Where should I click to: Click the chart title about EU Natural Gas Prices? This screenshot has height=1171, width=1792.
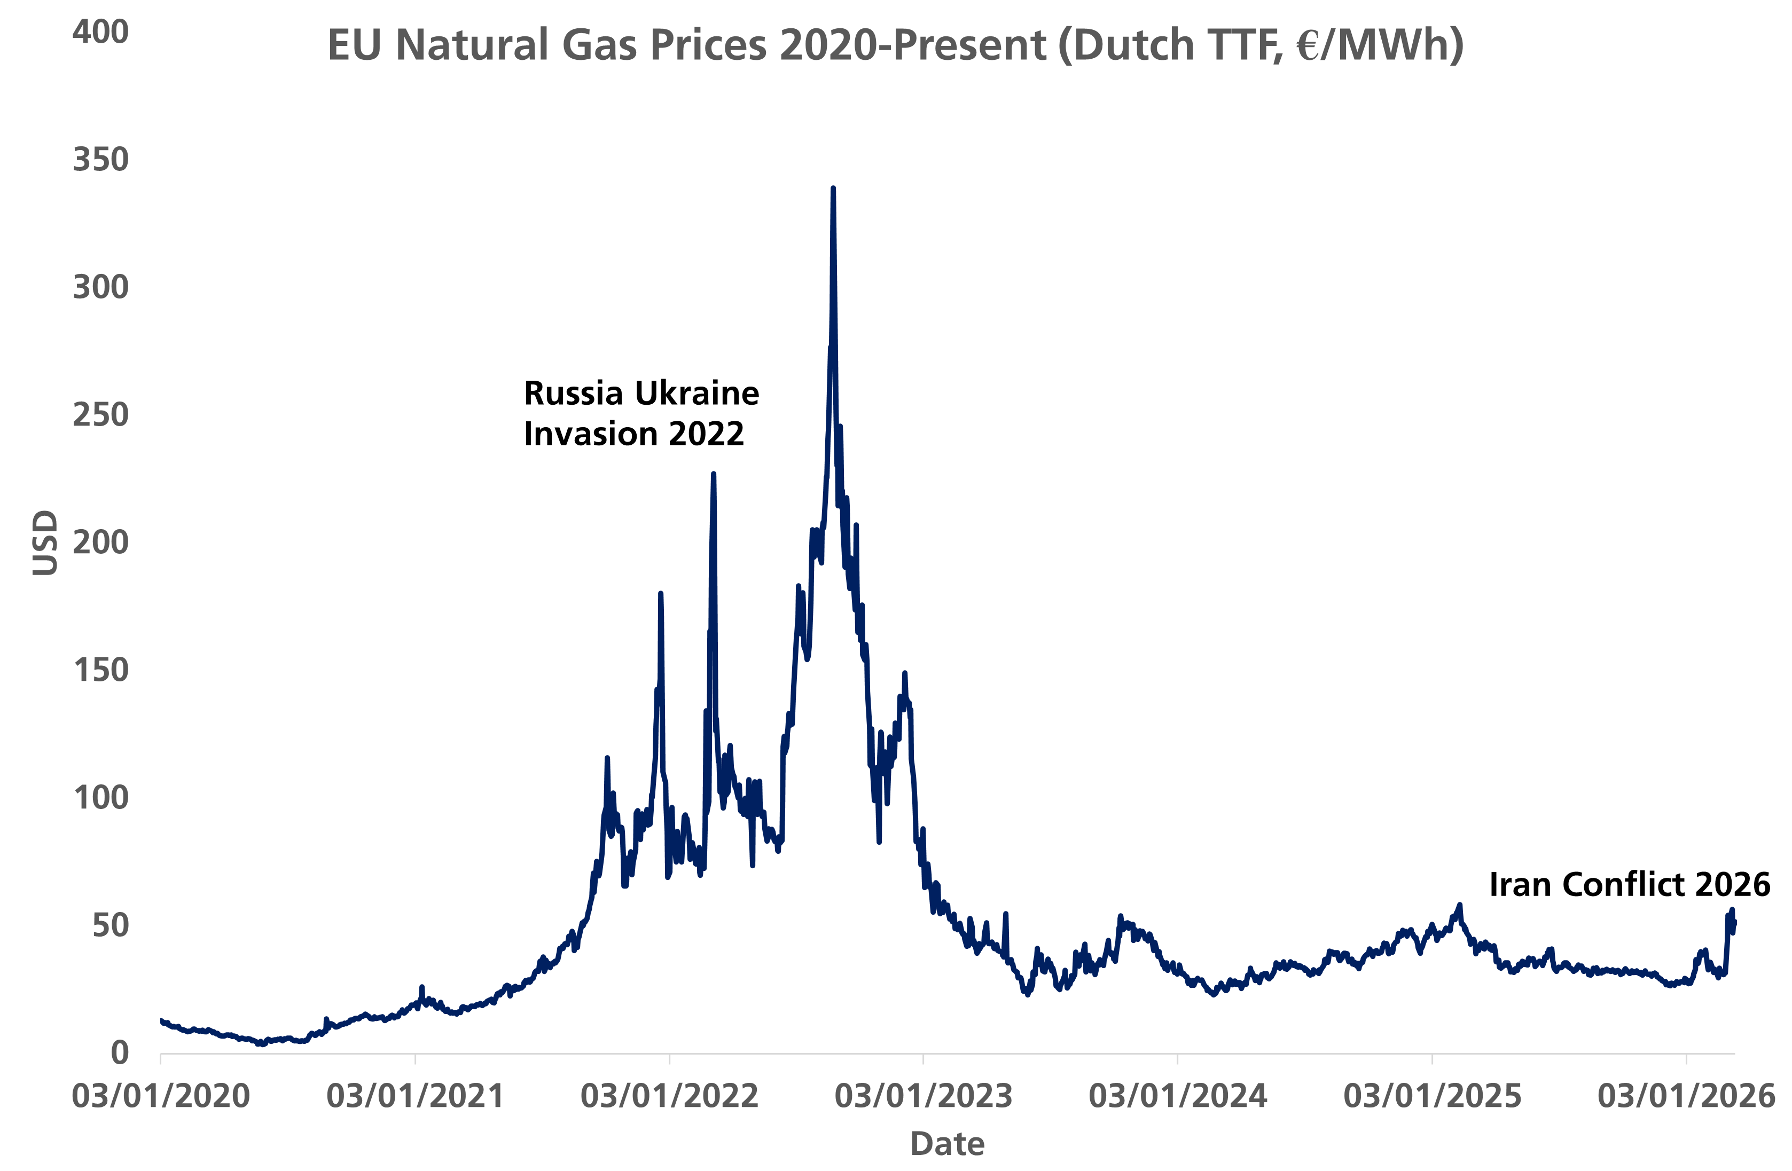point(895,45)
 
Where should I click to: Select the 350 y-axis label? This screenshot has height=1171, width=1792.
point(100,160)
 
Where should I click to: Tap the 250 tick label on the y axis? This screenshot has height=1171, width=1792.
point(100,415)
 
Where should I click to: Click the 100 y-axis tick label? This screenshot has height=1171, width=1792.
point(100,798)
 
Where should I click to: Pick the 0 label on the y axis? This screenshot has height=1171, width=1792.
point(119,1053)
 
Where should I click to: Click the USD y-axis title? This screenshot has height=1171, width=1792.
point(45,543)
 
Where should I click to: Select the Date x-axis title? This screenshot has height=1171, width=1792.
point(947,1144)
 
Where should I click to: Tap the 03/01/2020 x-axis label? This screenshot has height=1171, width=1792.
point(160,1096)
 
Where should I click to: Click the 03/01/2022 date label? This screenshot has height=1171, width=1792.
point(669,1096)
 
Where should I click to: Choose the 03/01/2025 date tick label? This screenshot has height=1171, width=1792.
point(1432,1096)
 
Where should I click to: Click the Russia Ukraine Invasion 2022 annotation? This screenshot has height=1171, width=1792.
point(641,413)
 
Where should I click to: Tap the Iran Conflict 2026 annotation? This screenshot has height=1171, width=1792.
point(1630,884)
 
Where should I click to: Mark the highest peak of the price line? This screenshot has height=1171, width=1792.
point(833,188)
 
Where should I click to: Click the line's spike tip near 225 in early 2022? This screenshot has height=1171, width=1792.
point(713,474)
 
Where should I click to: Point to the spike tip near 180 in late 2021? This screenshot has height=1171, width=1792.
point(660,594)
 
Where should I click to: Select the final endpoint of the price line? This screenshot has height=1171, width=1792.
point(1734,922)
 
